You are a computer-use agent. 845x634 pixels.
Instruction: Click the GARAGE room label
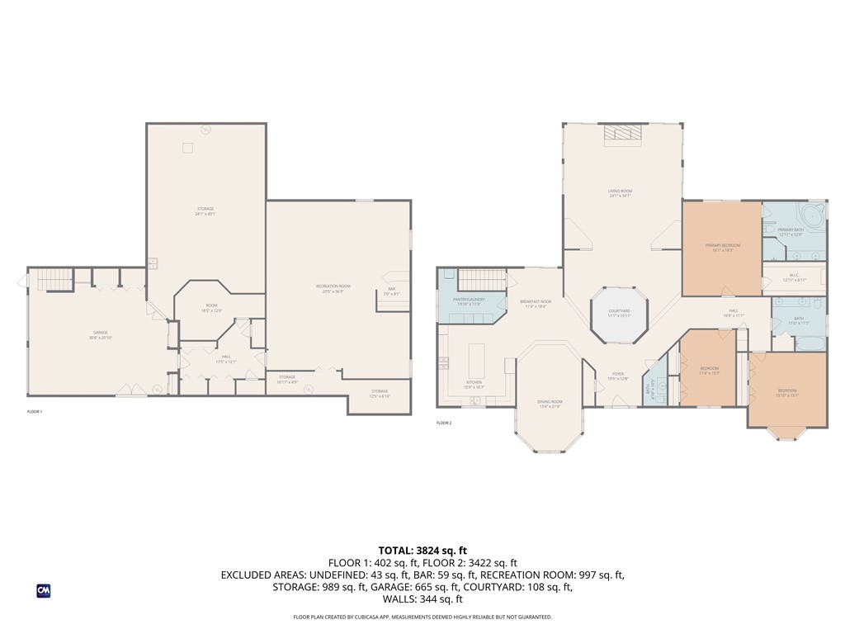coord(101,334)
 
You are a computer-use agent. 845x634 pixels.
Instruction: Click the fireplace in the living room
coord(622,135)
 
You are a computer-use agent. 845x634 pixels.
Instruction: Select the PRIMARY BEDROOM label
coord(722,247)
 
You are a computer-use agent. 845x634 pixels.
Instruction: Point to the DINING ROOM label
coord(549,404)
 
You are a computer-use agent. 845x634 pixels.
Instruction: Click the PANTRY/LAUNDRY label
coord(468,301)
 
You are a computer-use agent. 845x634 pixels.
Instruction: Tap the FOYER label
coord(618,376)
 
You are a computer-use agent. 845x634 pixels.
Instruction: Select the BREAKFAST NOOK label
coord(536,303)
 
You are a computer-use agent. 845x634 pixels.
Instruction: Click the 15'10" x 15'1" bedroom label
coord(787,392)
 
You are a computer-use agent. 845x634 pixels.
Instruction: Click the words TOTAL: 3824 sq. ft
coord(422,550)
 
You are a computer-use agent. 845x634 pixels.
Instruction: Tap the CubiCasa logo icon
coord(43,590)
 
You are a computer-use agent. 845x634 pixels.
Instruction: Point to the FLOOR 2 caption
coord(445,423)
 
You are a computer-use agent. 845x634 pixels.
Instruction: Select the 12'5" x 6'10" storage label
coord(379,393)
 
